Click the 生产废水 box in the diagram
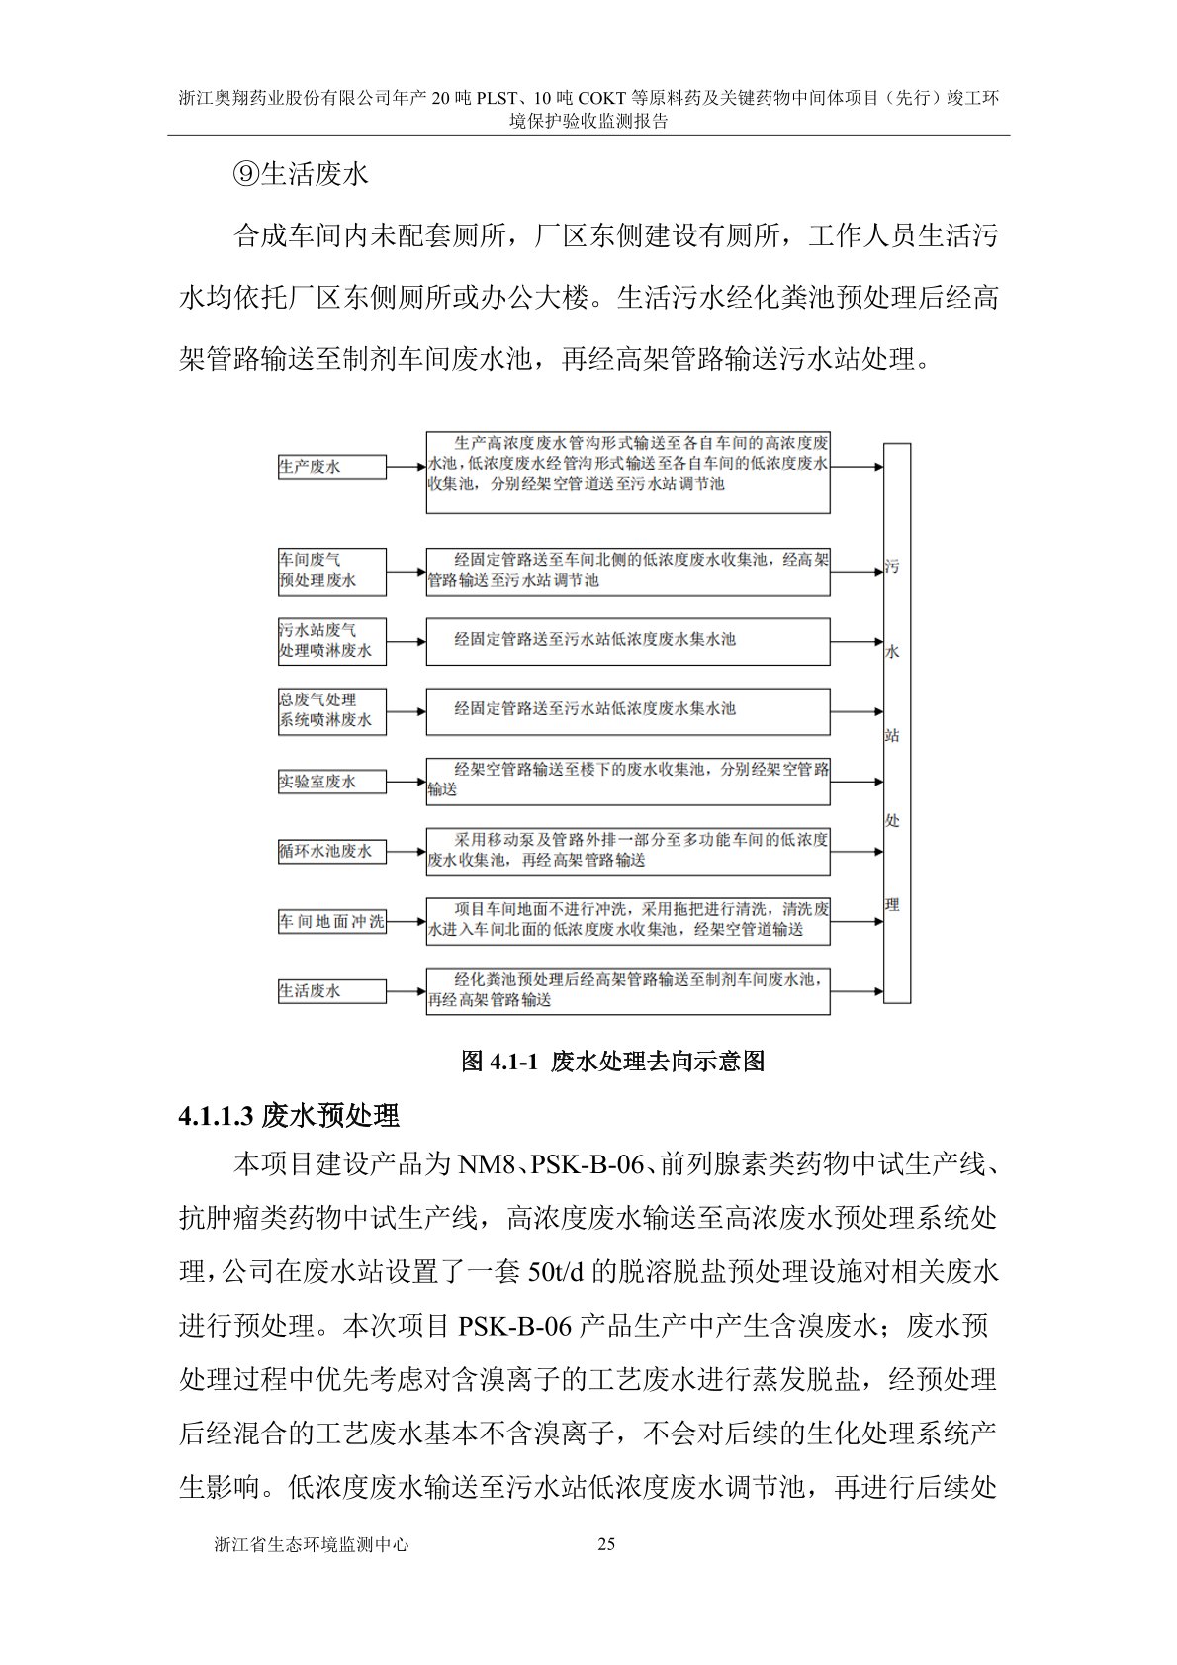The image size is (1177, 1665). pos(331,467)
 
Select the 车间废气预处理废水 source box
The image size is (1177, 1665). pos(331,571)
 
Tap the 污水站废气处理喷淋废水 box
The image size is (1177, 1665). pos(331,641)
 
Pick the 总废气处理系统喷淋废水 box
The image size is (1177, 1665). pos(331,710)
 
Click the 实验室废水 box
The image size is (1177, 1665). pos(331,782)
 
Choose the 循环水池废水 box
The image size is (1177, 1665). pos(331,851)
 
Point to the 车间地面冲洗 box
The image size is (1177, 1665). pos(331,922)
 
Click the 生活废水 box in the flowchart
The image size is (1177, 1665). pos(331,990)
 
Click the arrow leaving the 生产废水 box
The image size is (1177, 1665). pos(406,467)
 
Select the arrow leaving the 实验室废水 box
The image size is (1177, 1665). pos(406,782)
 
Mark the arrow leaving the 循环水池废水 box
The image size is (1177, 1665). pos(406,851)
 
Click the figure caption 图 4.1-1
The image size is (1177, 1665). pos(613,1062)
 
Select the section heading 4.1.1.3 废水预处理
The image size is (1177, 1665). pos(289,1116)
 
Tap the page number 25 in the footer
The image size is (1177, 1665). pos(607,1544)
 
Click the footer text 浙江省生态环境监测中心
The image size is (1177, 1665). pos(311,1544)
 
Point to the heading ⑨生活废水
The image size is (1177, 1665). pos(301,174)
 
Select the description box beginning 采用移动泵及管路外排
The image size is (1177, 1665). pos(627,851)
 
